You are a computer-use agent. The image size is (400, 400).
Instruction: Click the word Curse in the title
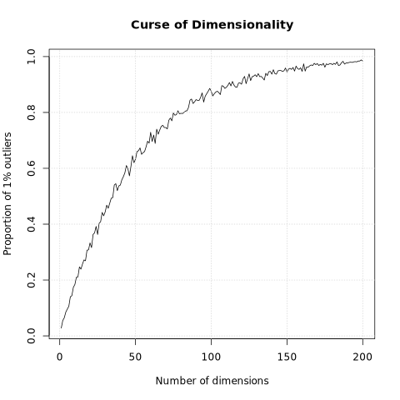pos(151,25)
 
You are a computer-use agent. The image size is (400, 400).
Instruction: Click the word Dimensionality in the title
pos(242,25)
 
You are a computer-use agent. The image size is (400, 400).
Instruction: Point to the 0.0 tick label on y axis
pos(31,336)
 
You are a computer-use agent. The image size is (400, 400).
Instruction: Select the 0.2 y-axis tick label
pos(31,280)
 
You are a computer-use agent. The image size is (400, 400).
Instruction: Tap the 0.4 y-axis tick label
pos(31,224)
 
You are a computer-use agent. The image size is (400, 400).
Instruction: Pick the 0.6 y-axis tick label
pos(31,168)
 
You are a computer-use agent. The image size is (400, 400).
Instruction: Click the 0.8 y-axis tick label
pos(31,112)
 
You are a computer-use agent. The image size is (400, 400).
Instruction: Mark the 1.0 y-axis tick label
pos(31,57)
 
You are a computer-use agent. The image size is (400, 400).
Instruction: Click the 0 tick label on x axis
pos(59,357)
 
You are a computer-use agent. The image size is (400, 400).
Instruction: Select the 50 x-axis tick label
pos(135,357)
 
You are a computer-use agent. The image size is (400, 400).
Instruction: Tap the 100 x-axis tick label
pos(211,357)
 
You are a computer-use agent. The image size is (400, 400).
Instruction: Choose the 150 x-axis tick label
pos(287,357)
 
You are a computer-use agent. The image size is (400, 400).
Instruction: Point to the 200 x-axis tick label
pos(362,357)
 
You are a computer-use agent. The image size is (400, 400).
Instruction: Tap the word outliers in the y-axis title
pos(7,151)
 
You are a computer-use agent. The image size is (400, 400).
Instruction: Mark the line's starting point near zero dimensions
pos(61,327)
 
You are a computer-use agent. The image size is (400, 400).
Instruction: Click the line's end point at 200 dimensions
pos(362,61)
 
